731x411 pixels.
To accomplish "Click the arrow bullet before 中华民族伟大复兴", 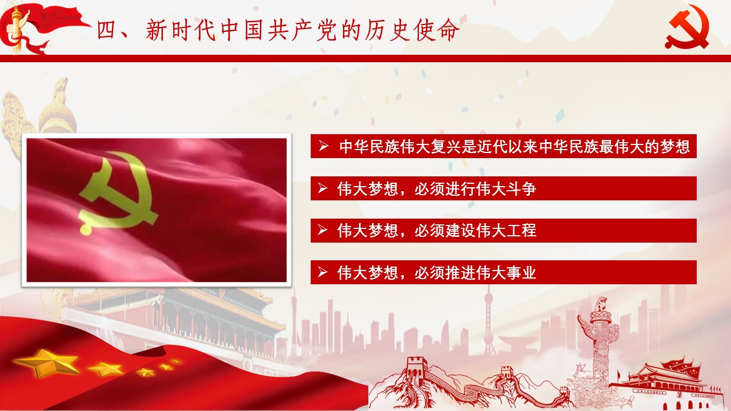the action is tap(323, 146).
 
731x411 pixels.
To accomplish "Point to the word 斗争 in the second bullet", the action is tap(521, 188).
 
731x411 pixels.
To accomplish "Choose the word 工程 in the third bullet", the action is tap(521, 230).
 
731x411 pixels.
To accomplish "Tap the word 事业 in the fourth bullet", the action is tap(521, 272).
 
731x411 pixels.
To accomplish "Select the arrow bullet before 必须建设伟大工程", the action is tap(323, 230).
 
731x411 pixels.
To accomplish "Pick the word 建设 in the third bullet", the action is tap(460, 230).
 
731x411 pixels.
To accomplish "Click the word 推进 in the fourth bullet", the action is tap(460, 272).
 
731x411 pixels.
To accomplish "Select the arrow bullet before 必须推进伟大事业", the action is tap(323, 272).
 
